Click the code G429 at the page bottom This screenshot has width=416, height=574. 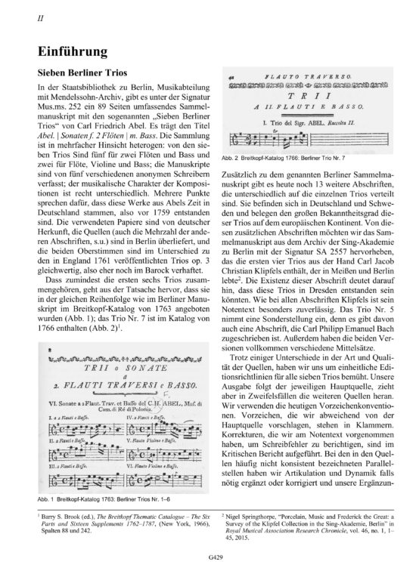click(208, 556)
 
